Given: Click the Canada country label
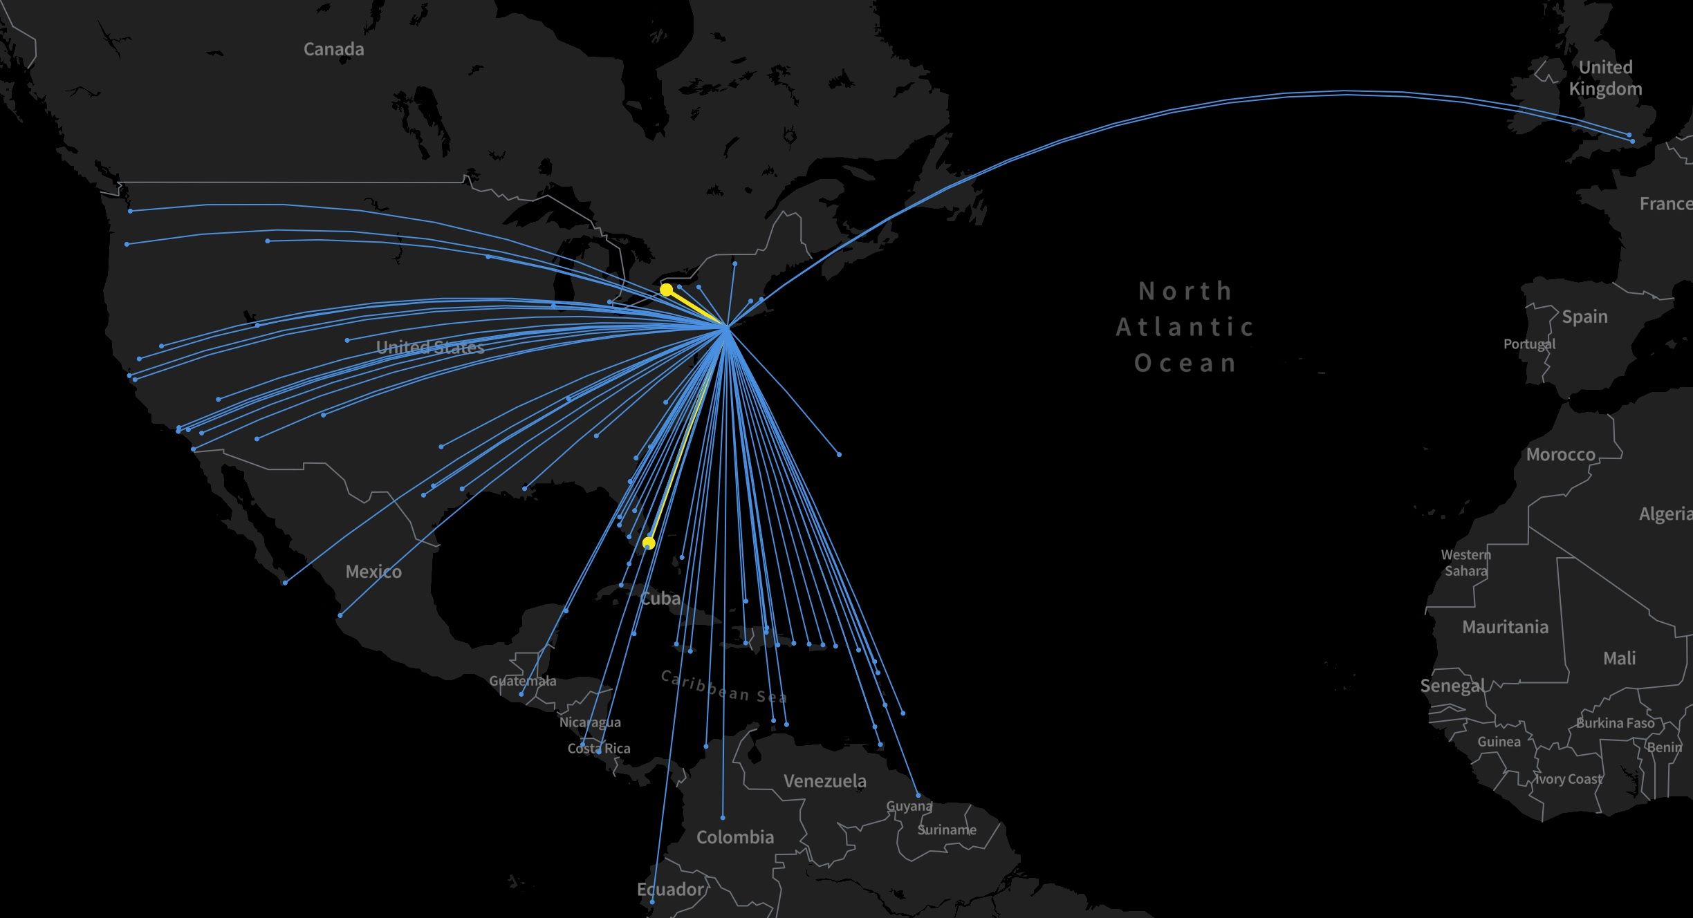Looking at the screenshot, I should [x=333, y=49].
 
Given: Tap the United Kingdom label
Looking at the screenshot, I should [x=1605, y=77].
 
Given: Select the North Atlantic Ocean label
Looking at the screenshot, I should [x=1185, y=326].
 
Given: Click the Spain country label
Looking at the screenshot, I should [x=1584, y=317].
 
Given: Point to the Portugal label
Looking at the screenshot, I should [x=1529, y=344].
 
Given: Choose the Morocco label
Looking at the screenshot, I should [x=1560, y=454].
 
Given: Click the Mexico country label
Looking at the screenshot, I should [x=373, y=572].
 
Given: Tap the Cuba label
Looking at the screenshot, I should [x=660, y=598].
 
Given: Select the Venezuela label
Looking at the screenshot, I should [x=824, y=781].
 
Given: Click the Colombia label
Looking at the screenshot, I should [x=734, y=837].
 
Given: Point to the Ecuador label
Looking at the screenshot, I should [x=670, y=889].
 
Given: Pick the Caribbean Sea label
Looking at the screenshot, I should [x=723, y=686].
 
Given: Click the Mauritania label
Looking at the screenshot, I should [x=1505, y=627].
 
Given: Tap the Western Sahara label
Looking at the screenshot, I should [x=1465, y=563].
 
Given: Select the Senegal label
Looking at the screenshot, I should [x=1452, y=686].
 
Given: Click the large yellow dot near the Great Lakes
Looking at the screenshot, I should [x=666, y=290].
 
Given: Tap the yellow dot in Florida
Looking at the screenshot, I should [x=649, y=543].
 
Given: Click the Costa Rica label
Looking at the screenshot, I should [x=598, y=748].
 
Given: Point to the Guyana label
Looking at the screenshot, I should [x=909, y=806].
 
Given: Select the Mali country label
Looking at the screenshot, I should [x=1619, y=658].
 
